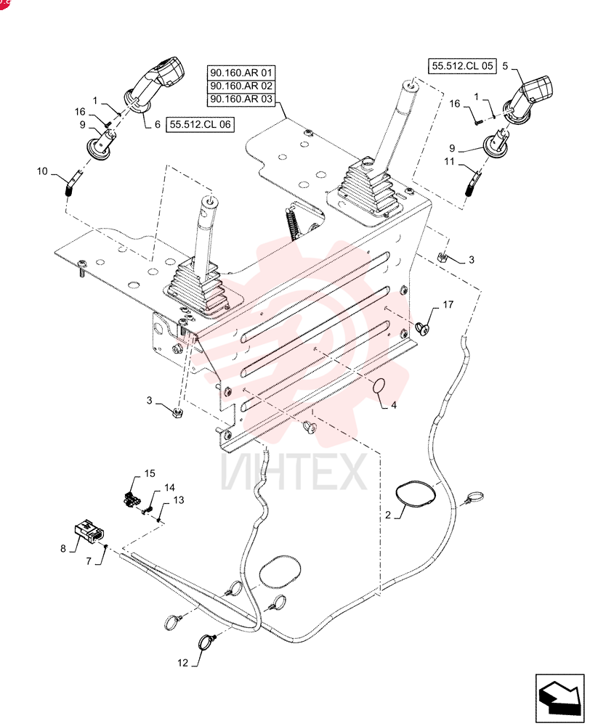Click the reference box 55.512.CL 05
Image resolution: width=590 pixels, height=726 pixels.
[461, 66]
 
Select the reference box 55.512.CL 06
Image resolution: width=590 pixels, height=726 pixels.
[201, 125]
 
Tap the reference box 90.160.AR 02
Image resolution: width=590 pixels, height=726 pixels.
[241, 86]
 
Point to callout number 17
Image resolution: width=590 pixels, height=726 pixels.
[448, 305]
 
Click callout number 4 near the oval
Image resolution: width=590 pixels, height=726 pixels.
[394, 405]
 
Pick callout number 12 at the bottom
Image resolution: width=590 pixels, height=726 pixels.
[182, 663]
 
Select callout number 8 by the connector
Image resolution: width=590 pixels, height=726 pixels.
[63, 549]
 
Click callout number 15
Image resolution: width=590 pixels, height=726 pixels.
[149, 473]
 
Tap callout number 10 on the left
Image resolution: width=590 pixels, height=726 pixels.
[42, 171]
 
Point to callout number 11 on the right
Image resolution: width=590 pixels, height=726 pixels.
[449, 162]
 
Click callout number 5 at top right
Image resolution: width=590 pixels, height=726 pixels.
[505, 66]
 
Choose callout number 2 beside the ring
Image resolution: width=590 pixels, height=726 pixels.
[388, 515]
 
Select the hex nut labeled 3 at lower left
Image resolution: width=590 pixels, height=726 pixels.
[177, 412]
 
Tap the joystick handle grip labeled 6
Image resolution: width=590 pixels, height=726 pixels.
[155, 85]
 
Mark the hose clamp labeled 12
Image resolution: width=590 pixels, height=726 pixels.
[206, 643]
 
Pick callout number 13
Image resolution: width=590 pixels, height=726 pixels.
[179, 500]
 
